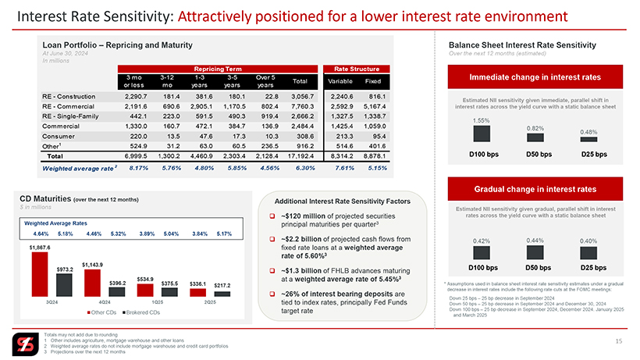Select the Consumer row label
pyautogui.click(x=59, y=134)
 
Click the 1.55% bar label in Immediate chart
pyautogui.click(x=482, y=122)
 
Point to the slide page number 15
pyautogui.click(x=618, y=341)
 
